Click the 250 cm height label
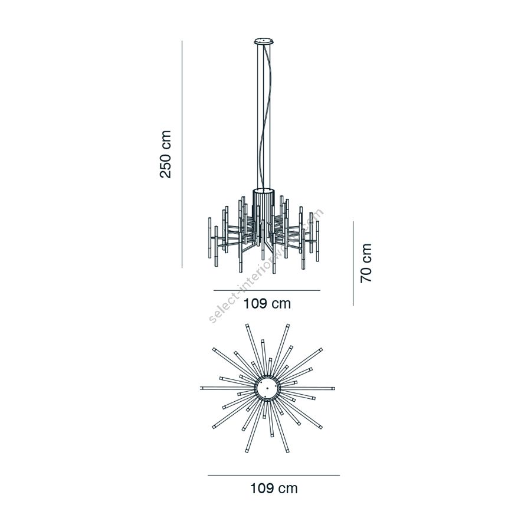coord(165,154)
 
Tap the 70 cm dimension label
coord(366,263)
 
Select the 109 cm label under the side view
coord(267,304)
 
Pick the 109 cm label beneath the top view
coord(274,489)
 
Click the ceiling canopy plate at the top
coord(264,41)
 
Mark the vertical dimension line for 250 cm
coord(182,154)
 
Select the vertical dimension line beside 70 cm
coord(353,264)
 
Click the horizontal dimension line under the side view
coord(267,290)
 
